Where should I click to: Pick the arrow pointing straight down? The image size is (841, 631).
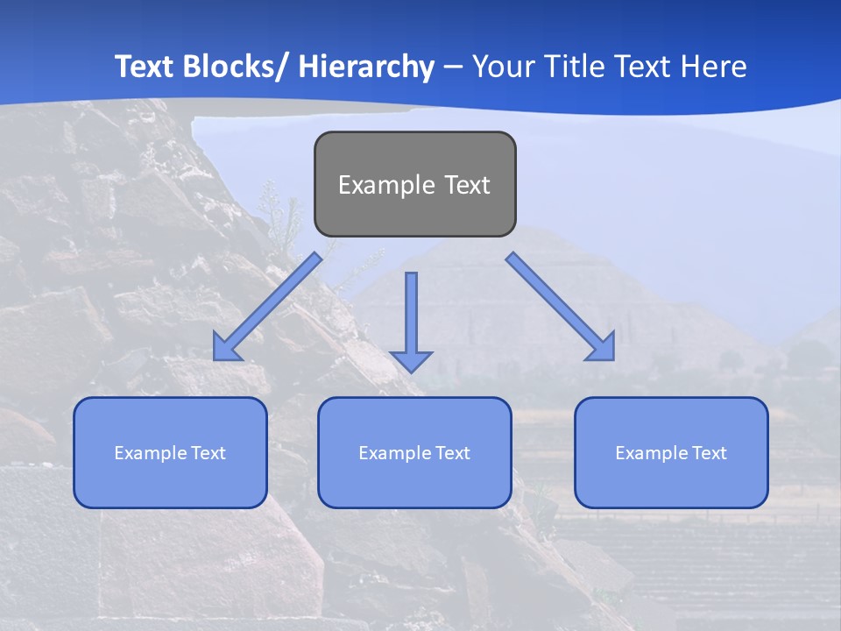tap(411, 315)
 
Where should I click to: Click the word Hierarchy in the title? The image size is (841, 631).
tap(366, 67)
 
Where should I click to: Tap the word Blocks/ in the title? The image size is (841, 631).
tap(238, 67)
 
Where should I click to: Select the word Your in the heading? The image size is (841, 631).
tap(502, 67)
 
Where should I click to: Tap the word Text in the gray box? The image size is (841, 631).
tap(466, 185)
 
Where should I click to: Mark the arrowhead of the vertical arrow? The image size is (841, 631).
tap(411, 360)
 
